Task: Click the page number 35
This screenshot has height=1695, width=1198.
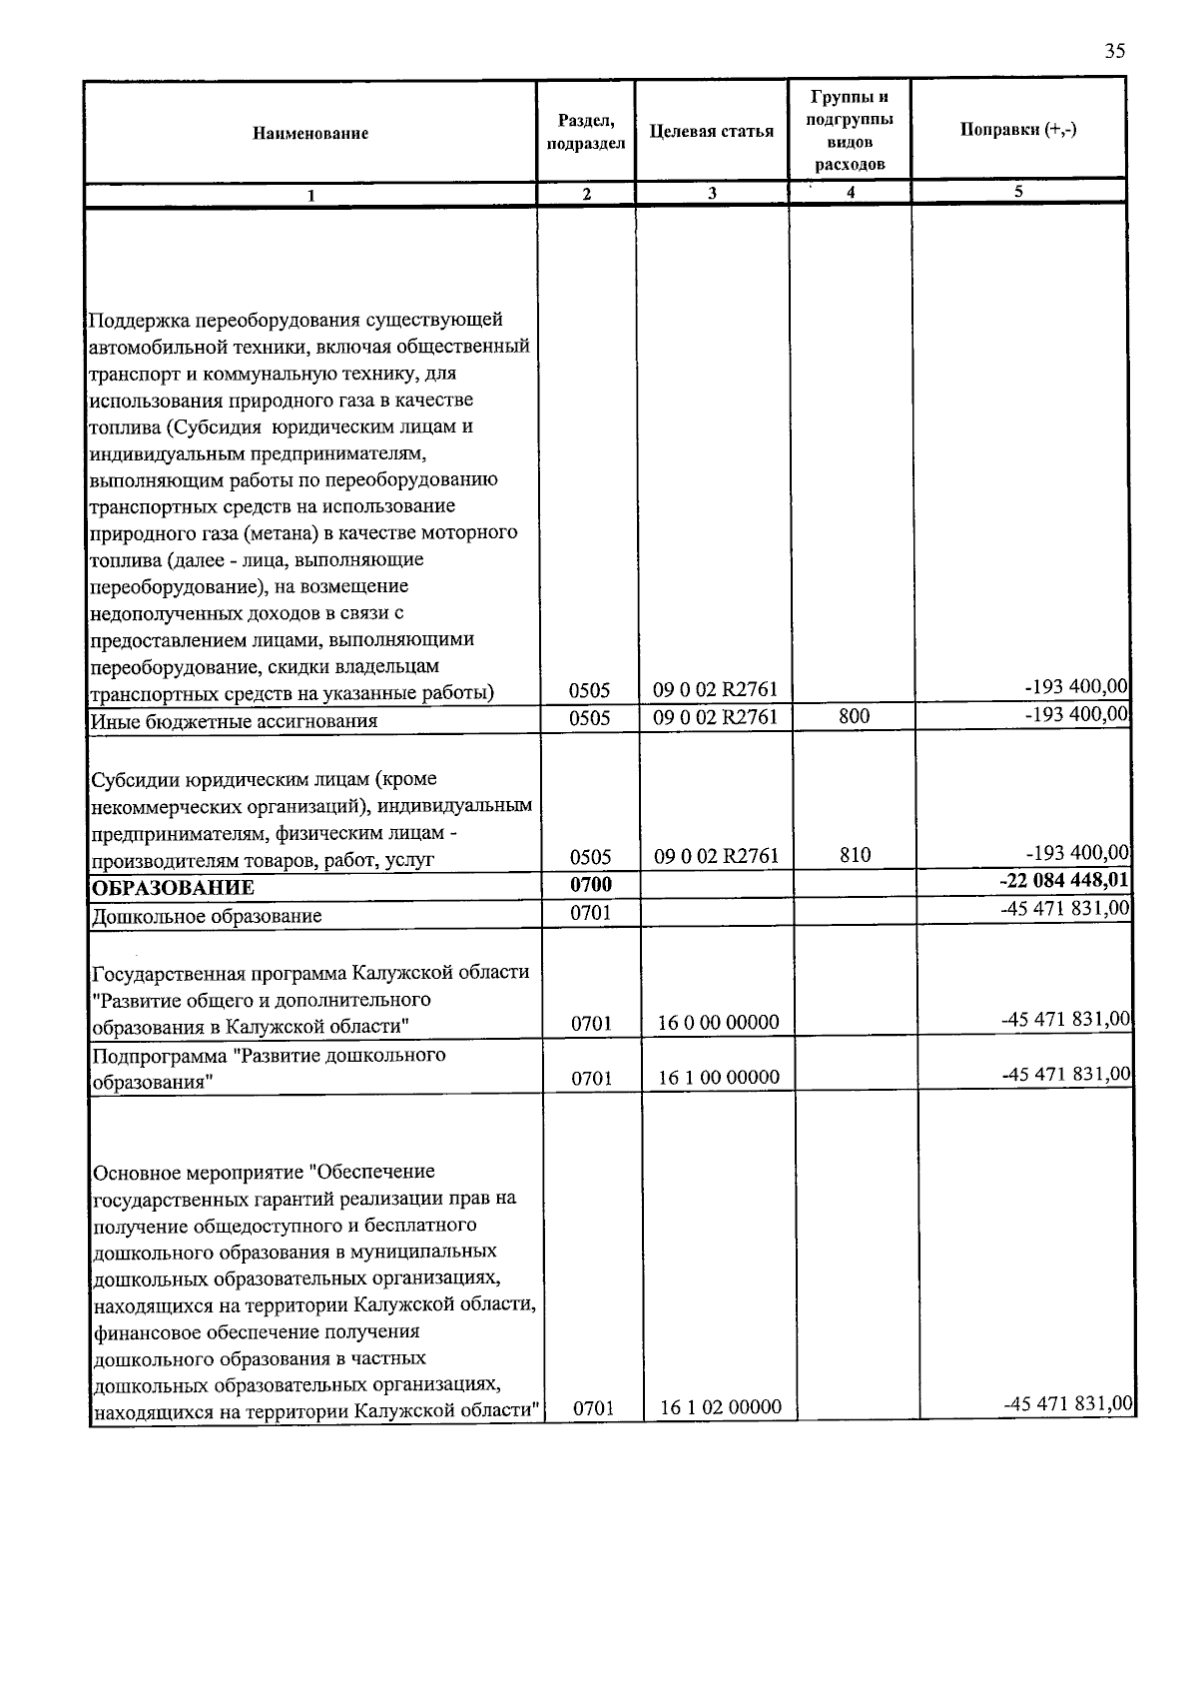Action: point(1115,52)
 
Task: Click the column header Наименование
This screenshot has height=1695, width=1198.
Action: point(310,133)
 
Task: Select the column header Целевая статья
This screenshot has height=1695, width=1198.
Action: point(711,132)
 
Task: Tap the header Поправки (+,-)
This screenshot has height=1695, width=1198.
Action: point(1017,130)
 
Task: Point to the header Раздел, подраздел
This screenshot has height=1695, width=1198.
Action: point(586,132)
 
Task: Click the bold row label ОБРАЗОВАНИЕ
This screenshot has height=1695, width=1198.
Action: point(173,888)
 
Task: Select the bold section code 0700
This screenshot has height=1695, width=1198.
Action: point(590,884)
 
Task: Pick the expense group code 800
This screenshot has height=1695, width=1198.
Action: point(855,716)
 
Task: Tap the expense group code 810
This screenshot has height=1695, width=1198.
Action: point(855,855)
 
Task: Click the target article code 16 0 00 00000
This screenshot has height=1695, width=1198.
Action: point(719,1022)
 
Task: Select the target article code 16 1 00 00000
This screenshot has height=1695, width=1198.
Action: point(719,1077)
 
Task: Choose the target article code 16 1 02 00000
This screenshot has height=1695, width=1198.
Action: point(720,1407)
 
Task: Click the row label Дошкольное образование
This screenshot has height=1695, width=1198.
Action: point(207,916)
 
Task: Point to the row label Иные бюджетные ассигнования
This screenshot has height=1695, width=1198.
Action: point(234,721)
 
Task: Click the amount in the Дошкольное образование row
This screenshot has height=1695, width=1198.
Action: point(1066,908)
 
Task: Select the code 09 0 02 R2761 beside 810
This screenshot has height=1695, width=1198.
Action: point(715,856)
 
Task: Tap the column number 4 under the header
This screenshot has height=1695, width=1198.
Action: point(850,194)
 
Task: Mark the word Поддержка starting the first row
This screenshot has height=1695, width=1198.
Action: point(139,321)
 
